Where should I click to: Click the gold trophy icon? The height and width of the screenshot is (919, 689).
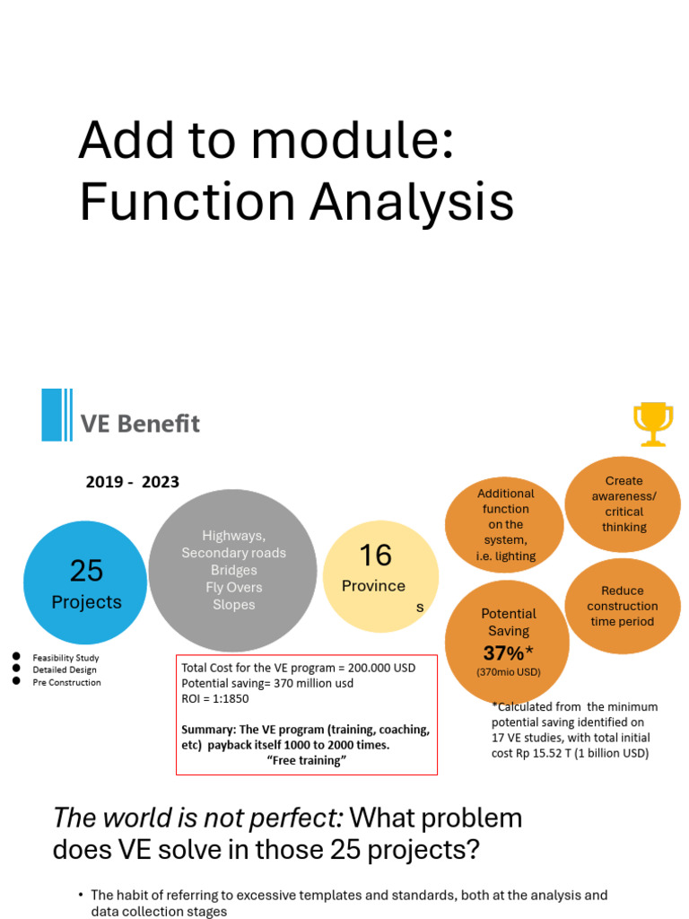652,424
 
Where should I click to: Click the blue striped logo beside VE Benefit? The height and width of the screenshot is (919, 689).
57,415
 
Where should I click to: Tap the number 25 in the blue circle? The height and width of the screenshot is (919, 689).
86,571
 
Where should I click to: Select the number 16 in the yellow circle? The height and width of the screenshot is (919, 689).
375,556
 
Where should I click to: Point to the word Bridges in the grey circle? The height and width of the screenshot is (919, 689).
233,570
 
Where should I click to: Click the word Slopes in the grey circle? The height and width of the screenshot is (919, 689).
233,604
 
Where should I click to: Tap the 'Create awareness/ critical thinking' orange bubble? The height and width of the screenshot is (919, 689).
624,503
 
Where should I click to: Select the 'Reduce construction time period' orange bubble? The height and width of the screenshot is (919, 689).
623,606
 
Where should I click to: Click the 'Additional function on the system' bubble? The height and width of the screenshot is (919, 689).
505,524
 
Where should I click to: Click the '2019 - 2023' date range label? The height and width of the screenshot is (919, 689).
132,482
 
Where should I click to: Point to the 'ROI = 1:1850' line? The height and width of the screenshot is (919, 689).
215,698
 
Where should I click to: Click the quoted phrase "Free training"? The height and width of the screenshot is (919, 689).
307,760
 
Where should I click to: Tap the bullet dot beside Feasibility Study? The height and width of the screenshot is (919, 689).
16,657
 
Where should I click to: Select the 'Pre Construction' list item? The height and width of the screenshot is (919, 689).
66,682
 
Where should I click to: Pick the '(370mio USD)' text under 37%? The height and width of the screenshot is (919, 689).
508,672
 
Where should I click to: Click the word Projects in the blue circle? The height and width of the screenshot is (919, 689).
86,602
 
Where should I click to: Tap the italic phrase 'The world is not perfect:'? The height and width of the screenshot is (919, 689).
197,818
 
